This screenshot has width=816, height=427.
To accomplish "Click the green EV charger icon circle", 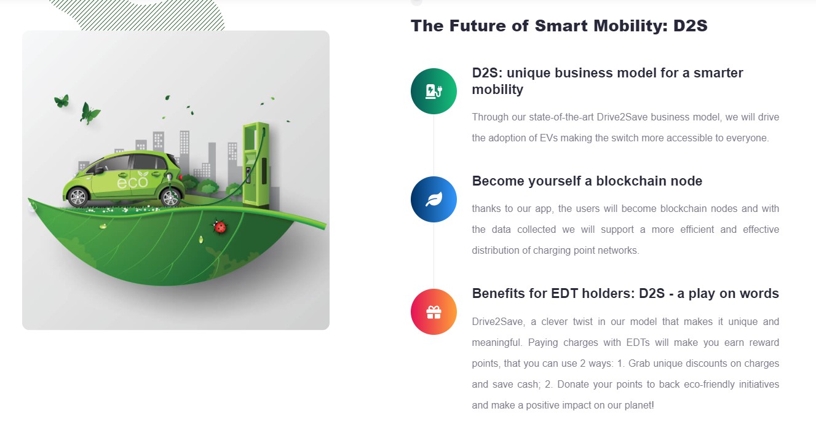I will pos(434,91).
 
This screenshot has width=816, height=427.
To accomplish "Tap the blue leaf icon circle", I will pos(434,199).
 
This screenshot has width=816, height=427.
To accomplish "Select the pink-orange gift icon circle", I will pos(434,311).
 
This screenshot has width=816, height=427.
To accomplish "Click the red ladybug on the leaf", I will pos(220,227).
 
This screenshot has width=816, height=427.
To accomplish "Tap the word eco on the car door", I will pos(132,182).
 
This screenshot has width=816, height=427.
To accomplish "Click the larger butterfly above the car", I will pos(89,114).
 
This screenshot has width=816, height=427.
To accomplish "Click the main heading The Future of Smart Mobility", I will pos(559,26).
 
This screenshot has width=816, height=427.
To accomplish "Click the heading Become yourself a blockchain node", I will pos(587,181).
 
